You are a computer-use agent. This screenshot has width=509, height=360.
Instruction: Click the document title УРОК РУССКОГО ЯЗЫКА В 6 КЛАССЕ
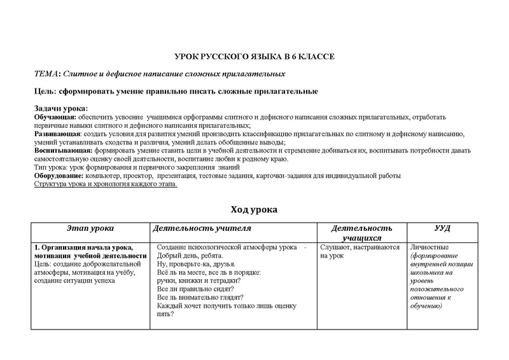tap(254, 57)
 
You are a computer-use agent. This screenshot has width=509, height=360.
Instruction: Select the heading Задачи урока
tap(60, 108)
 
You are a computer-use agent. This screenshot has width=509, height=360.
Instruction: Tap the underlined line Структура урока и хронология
tap(105, 184)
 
